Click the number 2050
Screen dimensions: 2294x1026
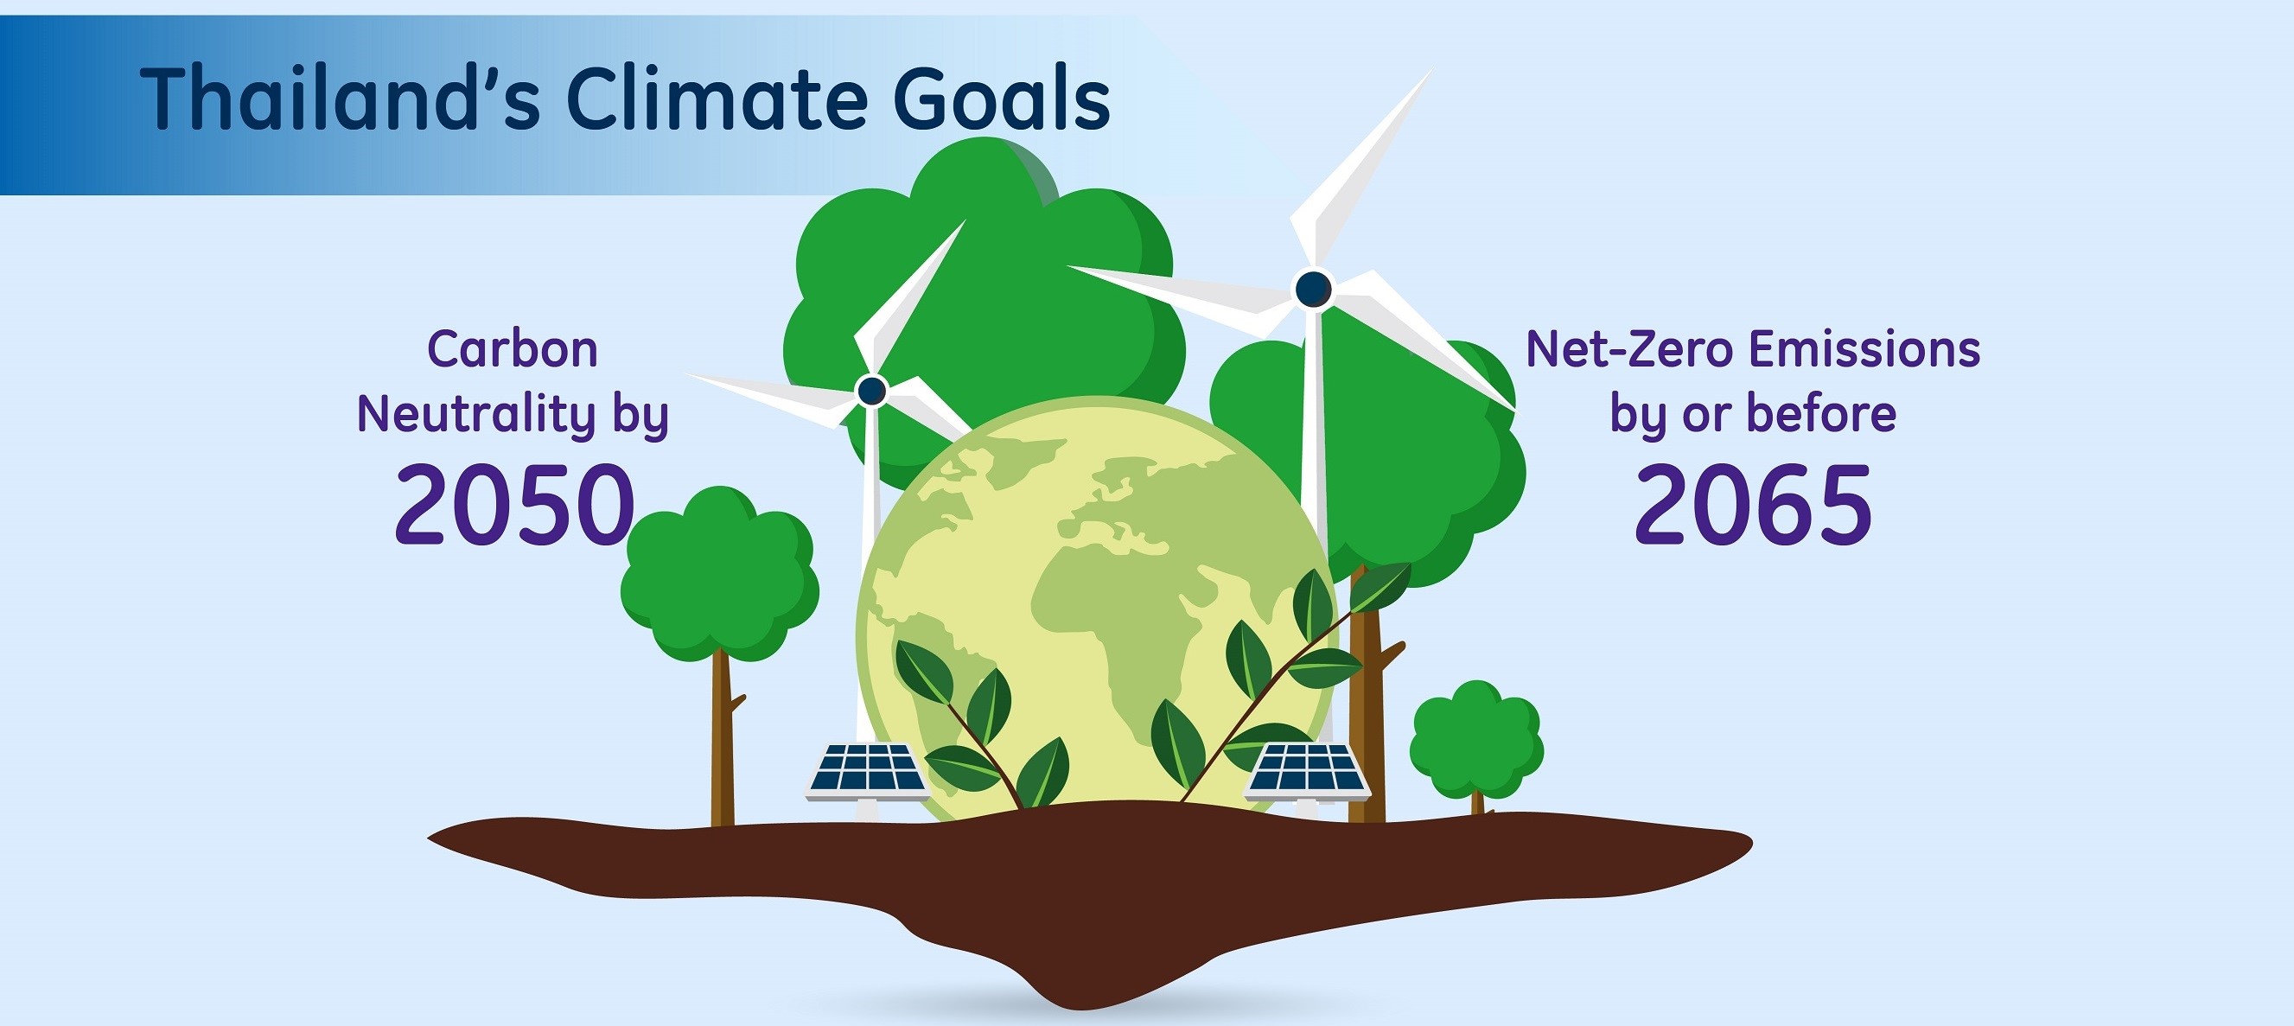pyautogui.click(x=515, y=505)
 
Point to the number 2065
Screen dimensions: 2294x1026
pyautogui.click(x=1753, y=505)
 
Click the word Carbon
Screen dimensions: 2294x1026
pyautogui.click(x=513, y=348)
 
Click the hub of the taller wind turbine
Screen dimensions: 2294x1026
pyautogui.click(x=1313, y=289)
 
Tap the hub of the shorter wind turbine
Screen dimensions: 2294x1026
pyautogui.click(x=871, y=390)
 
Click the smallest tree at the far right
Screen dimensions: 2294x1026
pyautogui.click(x=1476, y=743)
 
